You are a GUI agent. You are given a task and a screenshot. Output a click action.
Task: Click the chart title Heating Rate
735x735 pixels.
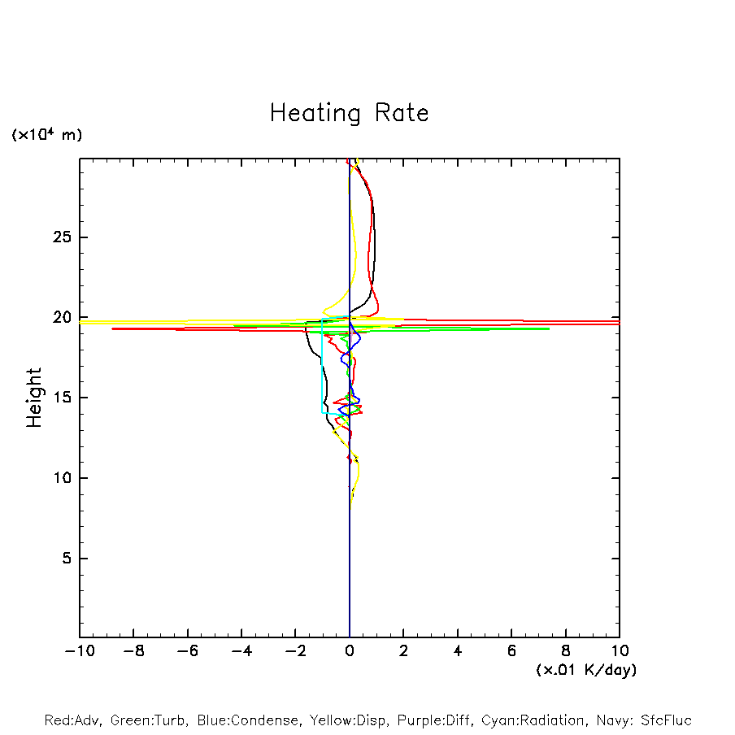click(349, 113)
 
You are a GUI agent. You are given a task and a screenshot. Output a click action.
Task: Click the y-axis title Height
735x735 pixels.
click(34, 398)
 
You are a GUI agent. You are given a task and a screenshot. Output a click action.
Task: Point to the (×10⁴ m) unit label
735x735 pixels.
click(46, 135)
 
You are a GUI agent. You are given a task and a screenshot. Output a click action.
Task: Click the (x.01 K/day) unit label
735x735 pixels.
click(585, 670)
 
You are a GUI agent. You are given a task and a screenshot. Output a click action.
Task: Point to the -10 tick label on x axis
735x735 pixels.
click(79, 651)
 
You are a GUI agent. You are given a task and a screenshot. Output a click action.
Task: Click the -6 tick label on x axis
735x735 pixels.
click(187, 651)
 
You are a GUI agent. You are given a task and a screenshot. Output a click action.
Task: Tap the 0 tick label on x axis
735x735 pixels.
click(350, 651)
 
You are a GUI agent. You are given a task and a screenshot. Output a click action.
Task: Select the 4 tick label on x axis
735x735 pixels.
click(458, 651)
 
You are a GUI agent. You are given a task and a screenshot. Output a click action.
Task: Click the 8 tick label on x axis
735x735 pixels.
click(566, 651)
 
